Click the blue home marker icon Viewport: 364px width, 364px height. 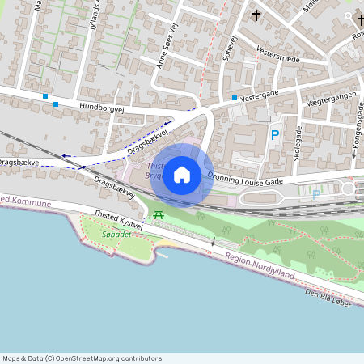(182, 174)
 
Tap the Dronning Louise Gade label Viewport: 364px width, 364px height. (244, 179)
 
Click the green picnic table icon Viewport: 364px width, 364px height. (158, 214)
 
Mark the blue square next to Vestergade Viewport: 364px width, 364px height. (235, 99)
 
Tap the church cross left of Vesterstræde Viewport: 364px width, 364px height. (256, 15)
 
